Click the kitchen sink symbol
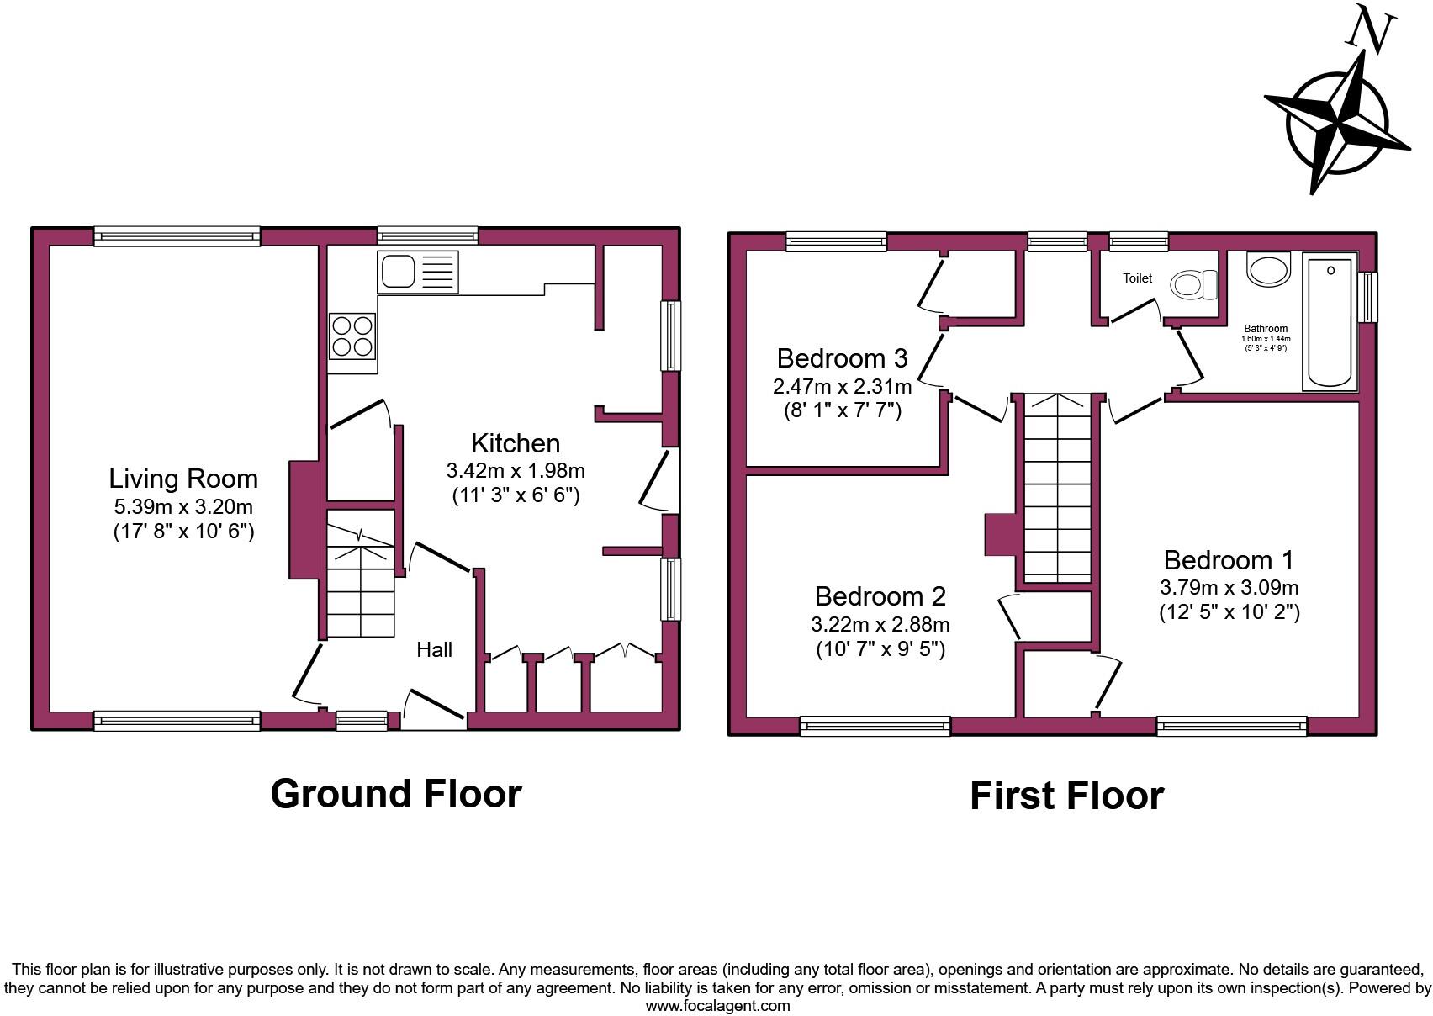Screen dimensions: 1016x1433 tap(418, 272)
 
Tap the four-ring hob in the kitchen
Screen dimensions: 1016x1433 tap(352, 336)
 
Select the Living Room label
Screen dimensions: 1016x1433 tap(183, 479)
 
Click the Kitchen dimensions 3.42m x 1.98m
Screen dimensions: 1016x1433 tap(516, 470)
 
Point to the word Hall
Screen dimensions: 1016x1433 tap(435, 649)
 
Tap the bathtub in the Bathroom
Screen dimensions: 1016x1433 tap(1330, 323)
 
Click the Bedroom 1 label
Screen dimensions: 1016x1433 tap(1229, 560)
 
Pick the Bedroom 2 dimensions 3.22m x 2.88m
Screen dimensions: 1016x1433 tap(880, 625)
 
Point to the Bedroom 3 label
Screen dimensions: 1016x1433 tap(842, 358)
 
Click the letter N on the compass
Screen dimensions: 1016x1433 tap(1369, 31)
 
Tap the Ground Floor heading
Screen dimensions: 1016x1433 tap(396, 794)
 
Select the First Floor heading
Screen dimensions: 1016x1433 tap(1066, 796)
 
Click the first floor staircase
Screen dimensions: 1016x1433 tap(1056, 488)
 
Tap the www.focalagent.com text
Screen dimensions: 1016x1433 tap(717, 1006)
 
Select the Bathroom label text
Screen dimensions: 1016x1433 tap(1266, 329)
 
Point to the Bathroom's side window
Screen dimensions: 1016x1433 tap(1370, 297)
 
